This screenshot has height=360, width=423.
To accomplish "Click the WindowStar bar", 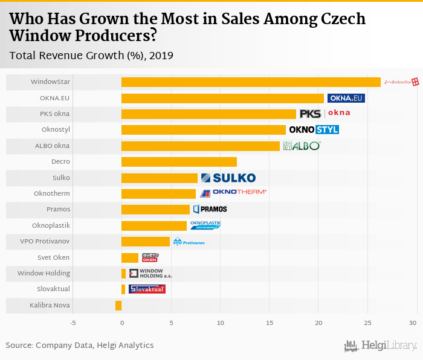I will click(x=251, y=82).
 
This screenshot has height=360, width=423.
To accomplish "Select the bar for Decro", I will click(x=179, y=162).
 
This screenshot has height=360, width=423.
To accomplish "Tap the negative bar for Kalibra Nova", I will click(x=118, y=306).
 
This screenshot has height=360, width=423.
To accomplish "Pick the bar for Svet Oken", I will click(x=130, y=258).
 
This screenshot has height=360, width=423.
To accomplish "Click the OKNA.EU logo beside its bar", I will click(x=346, y=98).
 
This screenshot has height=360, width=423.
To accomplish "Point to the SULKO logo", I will click(x=228, y=178).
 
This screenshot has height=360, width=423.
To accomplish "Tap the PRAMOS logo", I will click(x=210, y=209).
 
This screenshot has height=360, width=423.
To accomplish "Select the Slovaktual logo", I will click(x=147, y=289).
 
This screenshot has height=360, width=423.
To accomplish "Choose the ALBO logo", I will click(x=302, y=146).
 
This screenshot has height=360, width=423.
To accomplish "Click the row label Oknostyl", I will click(x=56, y=130).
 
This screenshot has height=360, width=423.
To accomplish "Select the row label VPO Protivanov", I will click(x=46, y=242).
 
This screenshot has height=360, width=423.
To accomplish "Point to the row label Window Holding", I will click(x=44, y=274).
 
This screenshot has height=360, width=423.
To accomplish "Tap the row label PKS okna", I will click(x=54, y=114).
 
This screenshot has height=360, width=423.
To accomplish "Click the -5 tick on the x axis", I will click(x=73, y=323).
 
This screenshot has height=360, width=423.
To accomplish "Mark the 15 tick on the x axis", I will click(x=269, y=323).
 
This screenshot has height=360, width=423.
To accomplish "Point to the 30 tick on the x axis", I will click(x=412, y=323).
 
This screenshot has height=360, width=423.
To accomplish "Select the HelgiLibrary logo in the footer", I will click(x=381, y=346).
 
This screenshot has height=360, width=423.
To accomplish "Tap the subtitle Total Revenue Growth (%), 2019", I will click(x=91, y=56).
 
